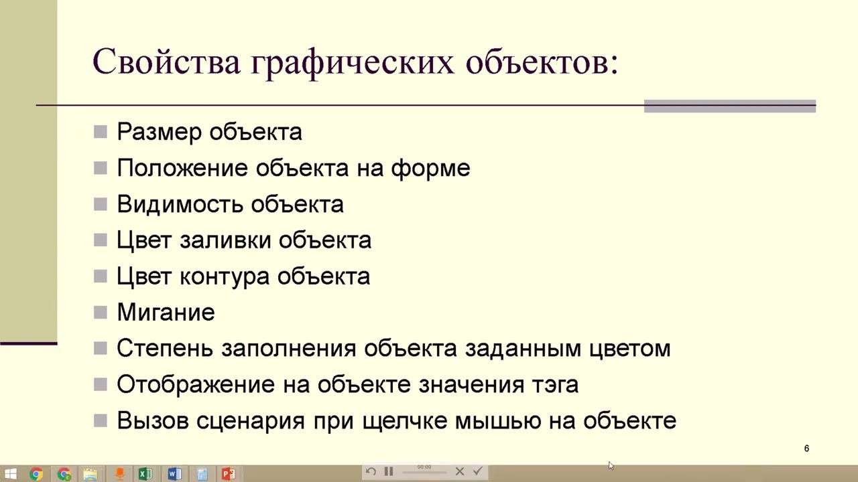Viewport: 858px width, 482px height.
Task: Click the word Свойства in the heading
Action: point(166,62)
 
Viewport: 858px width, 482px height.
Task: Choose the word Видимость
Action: point(179,204)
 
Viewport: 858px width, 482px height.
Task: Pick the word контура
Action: point(225,276)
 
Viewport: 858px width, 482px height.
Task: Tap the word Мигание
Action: point(166,313)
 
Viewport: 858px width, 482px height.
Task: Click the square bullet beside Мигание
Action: point(101,312)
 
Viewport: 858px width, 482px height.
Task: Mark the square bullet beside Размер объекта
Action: point(101,131)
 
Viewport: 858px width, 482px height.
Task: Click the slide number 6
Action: point(806,449)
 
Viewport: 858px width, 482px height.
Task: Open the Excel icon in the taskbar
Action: point(143,474)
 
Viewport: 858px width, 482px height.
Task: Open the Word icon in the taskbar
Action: point(174,474)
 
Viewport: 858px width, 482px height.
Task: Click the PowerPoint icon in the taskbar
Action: point(229,474)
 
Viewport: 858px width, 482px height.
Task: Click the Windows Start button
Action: point(10,474)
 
